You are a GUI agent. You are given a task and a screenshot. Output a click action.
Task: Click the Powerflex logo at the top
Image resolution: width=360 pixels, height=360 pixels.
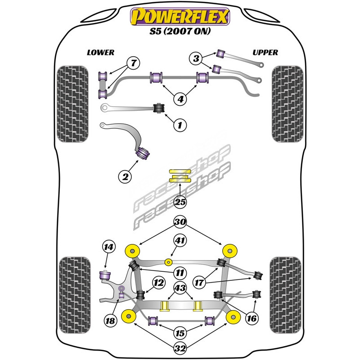(x=180, y=17)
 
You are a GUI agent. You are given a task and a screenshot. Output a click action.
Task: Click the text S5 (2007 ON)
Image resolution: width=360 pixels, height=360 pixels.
(x=180, y=32)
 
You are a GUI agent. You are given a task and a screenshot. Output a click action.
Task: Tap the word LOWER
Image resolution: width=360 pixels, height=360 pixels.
(x=100, y=53)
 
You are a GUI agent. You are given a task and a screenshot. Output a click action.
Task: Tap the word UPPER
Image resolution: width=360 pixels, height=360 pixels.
(x=265, y=53)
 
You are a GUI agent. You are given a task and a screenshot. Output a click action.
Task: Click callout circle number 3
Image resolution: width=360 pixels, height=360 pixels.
(x=196, y=58)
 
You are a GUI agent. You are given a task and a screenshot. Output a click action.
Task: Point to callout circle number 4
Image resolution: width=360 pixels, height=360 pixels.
(x=180, y=99)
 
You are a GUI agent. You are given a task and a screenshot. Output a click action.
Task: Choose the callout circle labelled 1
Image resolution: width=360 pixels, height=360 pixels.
(x=180, y=125)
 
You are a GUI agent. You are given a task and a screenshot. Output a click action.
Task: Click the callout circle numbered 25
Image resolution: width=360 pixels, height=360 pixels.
(x=180, y=202)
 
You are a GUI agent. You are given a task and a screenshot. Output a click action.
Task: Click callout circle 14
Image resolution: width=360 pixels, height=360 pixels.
(x=108, y=247)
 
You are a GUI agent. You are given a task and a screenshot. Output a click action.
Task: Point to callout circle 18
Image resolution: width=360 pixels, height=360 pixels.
(x=110, y=320)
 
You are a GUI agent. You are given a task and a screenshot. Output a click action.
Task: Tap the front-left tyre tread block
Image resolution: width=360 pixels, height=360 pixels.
(x=72, y=103)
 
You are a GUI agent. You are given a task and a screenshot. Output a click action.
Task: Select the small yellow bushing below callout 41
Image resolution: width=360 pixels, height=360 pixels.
(x=168, y=261)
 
